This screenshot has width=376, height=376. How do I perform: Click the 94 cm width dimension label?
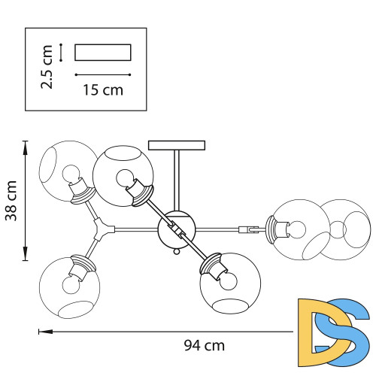205,346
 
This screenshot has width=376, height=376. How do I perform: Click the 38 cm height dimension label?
11,201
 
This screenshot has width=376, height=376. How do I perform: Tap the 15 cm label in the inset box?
103,90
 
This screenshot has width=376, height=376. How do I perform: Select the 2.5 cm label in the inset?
47,67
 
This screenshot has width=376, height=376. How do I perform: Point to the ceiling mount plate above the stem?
177,145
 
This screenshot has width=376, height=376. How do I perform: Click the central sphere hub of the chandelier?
176,229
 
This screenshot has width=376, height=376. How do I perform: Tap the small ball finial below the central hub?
177,251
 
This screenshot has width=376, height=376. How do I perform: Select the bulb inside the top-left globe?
71,174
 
